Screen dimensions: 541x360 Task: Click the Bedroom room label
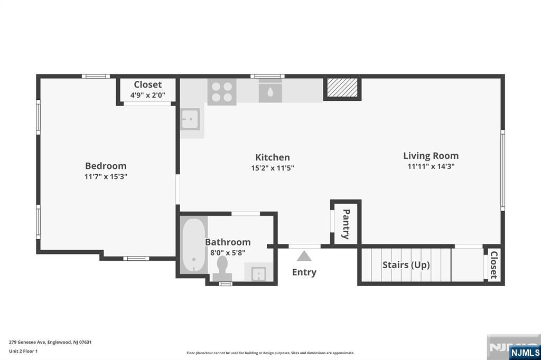click(106, 166)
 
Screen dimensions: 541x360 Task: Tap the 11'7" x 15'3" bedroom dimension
click(106, 176)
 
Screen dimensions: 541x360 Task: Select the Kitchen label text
click(272, 157)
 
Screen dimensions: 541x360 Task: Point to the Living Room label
click(431, 156)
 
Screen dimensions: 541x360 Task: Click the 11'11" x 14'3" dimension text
click(431, 166)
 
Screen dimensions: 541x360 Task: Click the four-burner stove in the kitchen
click(222, 92)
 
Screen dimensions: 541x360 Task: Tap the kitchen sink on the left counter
click(190, 119)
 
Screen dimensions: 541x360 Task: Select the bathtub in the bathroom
click(193, 245)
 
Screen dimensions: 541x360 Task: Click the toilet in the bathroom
click(222, 269)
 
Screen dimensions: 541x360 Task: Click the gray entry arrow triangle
click(304, 256)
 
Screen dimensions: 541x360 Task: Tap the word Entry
click(304, 272)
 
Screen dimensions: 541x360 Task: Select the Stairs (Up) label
click(406, 265)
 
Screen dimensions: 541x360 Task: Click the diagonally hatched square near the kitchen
click(342, 88)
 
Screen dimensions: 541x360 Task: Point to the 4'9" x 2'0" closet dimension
click(148, 95)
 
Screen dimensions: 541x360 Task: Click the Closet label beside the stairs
click(494, 265)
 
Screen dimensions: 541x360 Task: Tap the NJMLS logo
click(525, 353)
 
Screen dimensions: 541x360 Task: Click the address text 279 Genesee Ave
click(27, 343)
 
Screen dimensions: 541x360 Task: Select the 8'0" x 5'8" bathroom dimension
click(228, 253)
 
